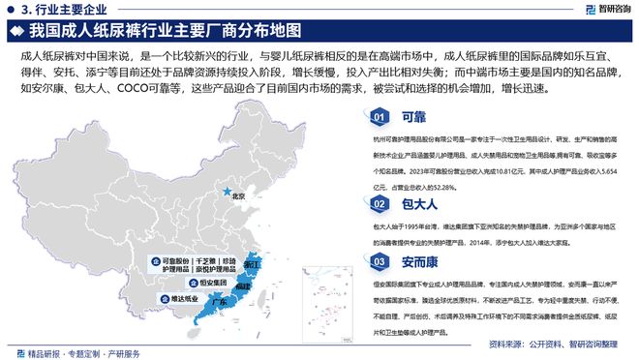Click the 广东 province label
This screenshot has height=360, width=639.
pos(219,302)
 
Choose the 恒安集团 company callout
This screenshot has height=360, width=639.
pos(206,284)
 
